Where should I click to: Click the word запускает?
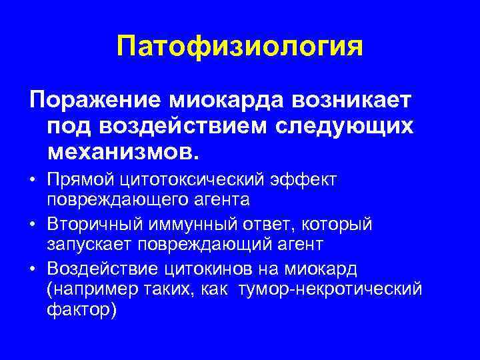pyautogui.click(x=88, y=244)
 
